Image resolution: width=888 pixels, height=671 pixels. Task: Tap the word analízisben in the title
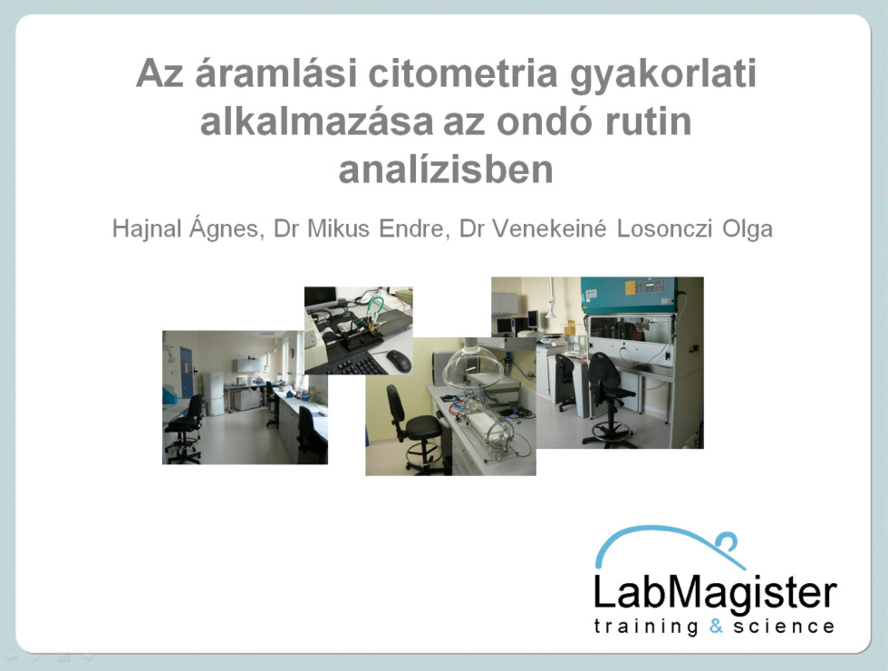coord(446,170)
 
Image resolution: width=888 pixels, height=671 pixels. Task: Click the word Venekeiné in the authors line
coord(549,229)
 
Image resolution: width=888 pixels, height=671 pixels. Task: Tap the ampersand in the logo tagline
coord(717,626)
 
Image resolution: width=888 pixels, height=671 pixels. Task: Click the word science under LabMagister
coord(783,627)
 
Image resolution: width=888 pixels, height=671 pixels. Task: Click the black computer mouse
coord(399,361)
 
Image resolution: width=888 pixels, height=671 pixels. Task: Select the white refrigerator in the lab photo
coord(214,394)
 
